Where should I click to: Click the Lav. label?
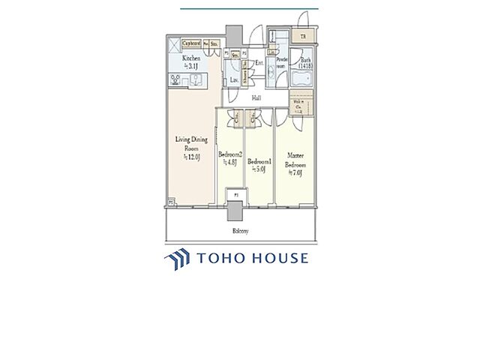point(234,79)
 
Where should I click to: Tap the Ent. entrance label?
point(259,63)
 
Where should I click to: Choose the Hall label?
point(256,97)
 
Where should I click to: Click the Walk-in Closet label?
point(298,109)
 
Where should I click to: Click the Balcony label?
point(238,231)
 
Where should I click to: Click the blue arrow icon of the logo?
point(177,259)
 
